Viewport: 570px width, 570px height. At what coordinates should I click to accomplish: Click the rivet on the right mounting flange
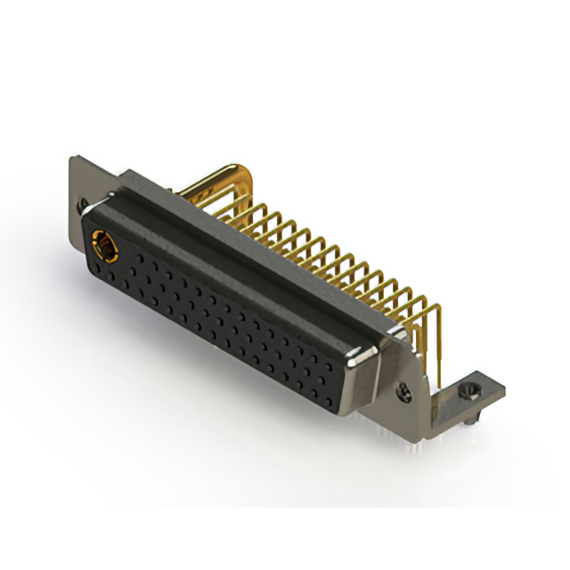(x=404, y=389)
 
